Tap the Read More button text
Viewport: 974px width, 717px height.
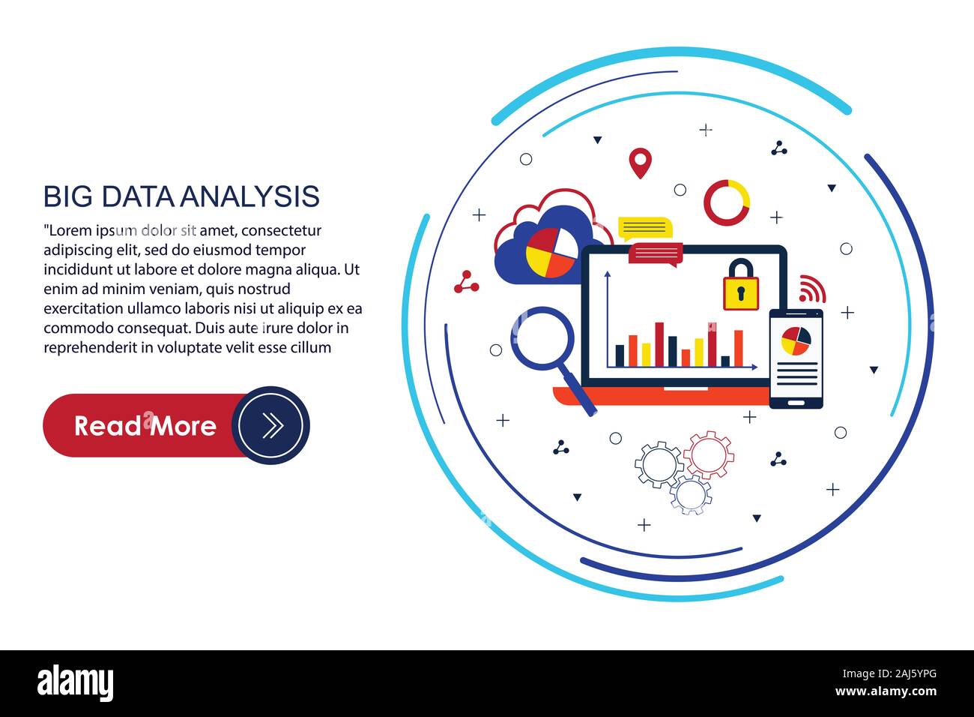pos(145,426)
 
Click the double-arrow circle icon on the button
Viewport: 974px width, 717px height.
pos(271,425)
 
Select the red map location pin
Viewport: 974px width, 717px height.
pos(639,162)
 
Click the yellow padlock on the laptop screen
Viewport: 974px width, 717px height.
pos(740,286)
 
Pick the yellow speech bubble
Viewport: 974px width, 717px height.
pos(644,227)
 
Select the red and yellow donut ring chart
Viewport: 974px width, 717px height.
pos(726,202)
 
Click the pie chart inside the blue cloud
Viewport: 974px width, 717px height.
pos(551,252)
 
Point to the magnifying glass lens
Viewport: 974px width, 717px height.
pos(542,335)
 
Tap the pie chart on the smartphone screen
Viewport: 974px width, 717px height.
pos(795,340)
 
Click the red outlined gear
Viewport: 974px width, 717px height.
pos(708,454)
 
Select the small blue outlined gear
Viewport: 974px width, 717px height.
pos(690,494)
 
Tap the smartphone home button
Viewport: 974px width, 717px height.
pos(796,402)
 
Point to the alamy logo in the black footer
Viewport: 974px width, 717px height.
pos(75,683)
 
